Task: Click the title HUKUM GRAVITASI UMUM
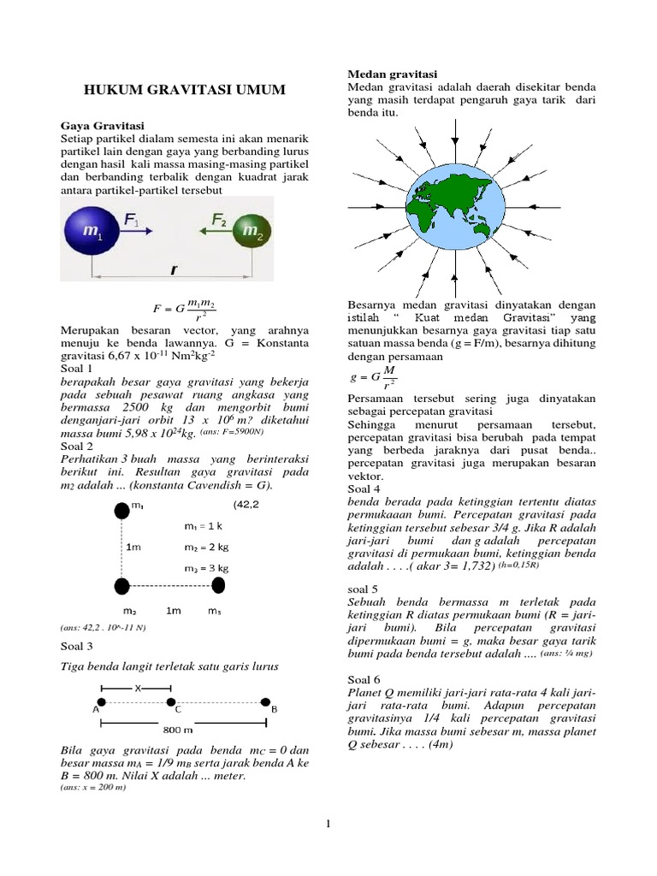[x=184, y=90]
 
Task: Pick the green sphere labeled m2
[x=252, y=232]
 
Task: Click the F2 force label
[x=220, y=220]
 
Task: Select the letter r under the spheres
[x=174, y=269]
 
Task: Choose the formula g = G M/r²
[x=375, y=376]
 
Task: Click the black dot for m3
[x=219, y=585]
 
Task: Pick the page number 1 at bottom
[x=328, y=824]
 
